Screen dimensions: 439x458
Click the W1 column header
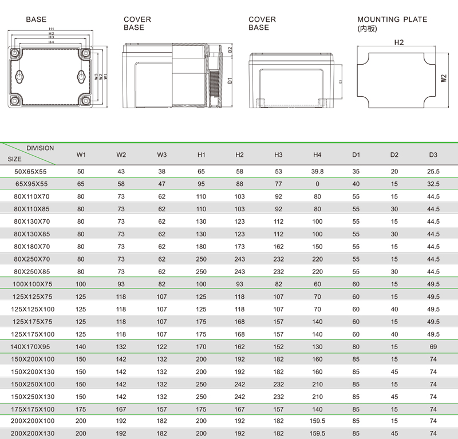click(x=81, y=155)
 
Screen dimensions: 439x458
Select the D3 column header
click(x=433, y=155)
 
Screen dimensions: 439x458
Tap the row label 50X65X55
click(x=31, y=171)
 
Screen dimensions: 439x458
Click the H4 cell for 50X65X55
click(x=317, y=171)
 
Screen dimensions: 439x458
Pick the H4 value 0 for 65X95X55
click(x=317, y=184)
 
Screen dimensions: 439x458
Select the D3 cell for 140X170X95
click(x=433, y=347)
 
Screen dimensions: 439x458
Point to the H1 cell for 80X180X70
click(x=201, y=247)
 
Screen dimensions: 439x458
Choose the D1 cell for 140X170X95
click(x=356, y=347)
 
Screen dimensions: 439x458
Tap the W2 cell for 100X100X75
click(x=121, y=284)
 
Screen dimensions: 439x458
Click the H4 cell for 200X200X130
click(x=317, y=434)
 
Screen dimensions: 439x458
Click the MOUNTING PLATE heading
click(x=392, y=19)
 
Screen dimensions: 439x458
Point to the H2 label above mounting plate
click(x=399, y=43)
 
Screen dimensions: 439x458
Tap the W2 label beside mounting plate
click(x=444, y=77)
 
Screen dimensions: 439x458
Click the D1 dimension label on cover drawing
click(x=230, y=80)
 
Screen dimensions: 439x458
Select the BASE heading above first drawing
click(x=37, y=19)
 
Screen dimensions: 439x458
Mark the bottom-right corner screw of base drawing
click(x=86, y=102)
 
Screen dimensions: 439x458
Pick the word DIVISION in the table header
click(x=40, y=148)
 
